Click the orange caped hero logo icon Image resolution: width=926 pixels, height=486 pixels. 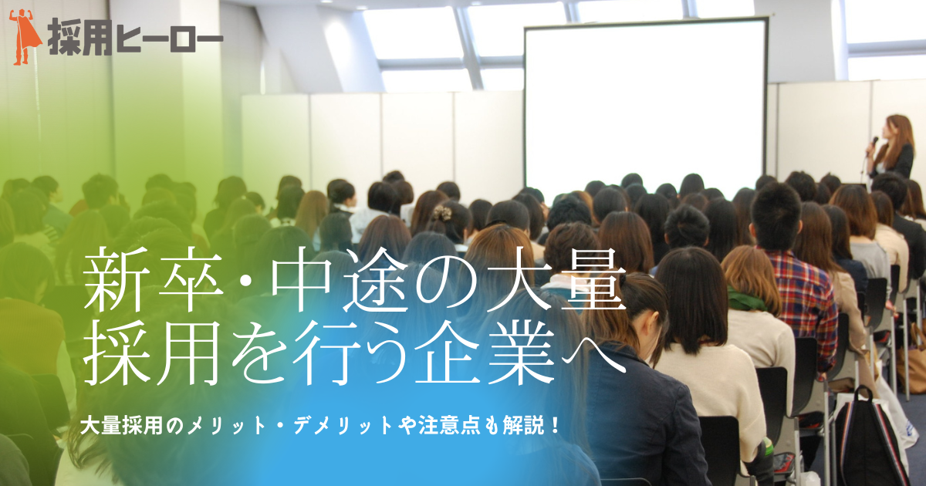25,38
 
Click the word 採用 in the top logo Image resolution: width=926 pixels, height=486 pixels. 79,38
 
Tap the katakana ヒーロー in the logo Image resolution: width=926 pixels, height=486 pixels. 170,39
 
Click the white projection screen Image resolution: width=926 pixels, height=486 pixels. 646,104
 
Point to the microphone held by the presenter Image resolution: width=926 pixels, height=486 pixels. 871,146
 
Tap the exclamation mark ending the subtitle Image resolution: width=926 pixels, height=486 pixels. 554,426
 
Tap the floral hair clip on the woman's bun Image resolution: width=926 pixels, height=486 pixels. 442,212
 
